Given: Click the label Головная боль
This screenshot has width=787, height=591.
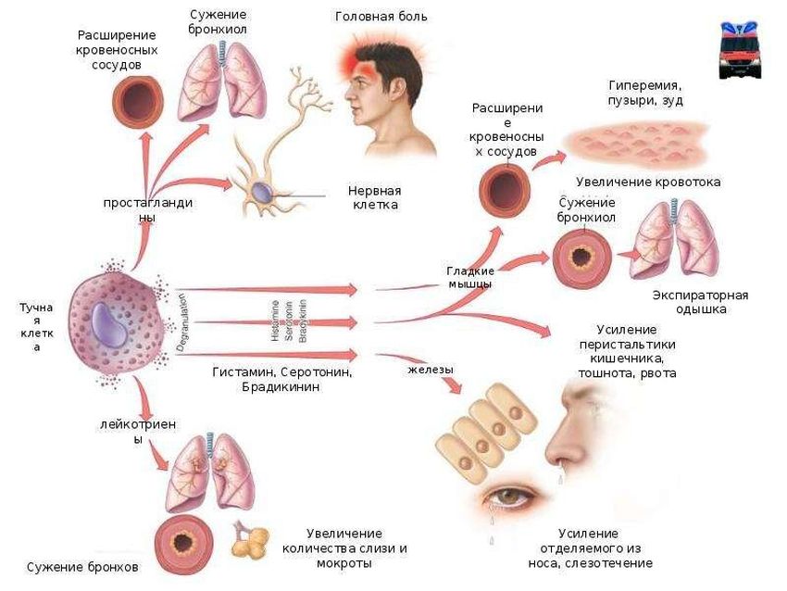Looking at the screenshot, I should [x=381, y=17].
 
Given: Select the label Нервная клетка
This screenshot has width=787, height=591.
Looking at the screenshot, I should [x=373, y=196].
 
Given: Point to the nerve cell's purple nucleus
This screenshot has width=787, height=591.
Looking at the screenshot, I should [x=261, y=192].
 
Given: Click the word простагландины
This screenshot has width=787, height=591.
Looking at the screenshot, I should [x=147, y=209].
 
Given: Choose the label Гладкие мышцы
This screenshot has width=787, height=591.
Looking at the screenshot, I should [x=469, y=278].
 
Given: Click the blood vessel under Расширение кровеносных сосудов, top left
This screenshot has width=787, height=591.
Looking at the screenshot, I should [x=136, y=100].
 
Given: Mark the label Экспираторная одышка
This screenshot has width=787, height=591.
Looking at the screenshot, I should [x=699, y=302].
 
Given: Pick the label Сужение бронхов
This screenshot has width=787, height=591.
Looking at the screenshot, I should [x=82, y=566].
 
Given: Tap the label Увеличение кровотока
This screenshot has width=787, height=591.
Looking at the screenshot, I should [x=648, y=182].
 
